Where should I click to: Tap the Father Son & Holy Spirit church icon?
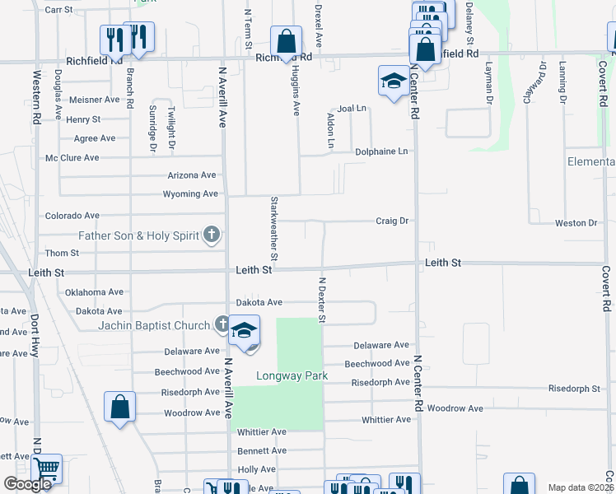[x=212, y=235]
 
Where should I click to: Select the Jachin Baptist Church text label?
[x=154, y=325]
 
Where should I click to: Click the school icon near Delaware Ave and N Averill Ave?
[x=245, y=331]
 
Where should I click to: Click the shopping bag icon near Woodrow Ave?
[x=119, y=406]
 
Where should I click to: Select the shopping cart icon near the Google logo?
[x=47, y=469]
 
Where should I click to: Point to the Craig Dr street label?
[x=392, y=221]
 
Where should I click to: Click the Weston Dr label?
[x=576, y=223]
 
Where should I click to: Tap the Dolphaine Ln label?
[x=381, y=151]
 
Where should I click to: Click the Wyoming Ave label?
[x=192, y=194]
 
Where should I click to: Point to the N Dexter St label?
[x=322, y=300]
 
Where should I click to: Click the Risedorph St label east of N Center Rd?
[x=574, y=388]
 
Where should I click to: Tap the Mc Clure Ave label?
[x=72, y=157]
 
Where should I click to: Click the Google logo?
[x=27, y=484]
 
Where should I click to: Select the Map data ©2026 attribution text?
[x=580, y=487]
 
